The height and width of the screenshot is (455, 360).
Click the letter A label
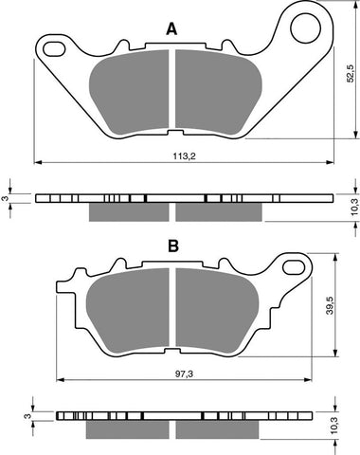[171, 29]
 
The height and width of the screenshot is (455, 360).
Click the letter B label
[173, 246]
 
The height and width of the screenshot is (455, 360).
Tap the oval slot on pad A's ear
[55, 46]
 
